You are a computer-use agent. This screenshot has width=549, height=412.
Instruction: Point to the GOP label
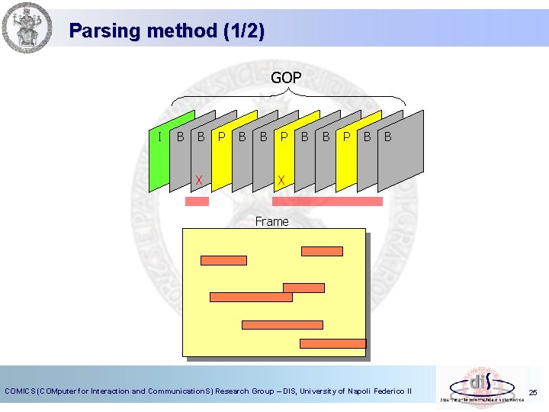click(x=286, y=78)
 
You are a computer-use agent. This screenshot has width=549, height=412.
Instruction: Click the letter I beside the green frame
click(x=159, y=137)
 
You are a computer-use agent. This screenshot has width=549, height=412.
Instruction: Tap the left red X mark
click(x=199, y=180)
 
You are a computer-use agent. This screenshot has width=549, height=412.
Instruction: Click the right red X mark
click(x=281, y=180)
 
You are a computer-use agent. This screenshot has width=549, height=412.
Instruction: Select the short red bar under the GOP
click(x=197, y=201)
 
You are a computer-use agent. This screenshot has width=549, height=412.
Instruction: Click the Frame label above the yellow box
click(x=272, y=221)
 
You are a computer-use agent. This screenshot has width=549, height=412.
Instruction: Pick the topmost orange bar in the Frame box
click(x=323, y=251)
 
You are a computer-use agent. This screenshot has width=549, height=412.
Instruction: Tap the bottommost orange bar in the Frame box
click(x=332, y=343)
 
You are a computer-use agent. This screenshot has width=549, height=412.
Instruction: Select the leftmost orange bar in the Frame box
click(x=223, y=260)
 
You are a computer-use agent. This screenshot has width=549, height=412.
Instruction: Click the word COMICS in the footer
click(x=21, y=391)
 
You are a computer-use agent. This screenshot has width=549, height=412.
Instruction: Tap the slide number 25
click(x=533, y=393)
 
